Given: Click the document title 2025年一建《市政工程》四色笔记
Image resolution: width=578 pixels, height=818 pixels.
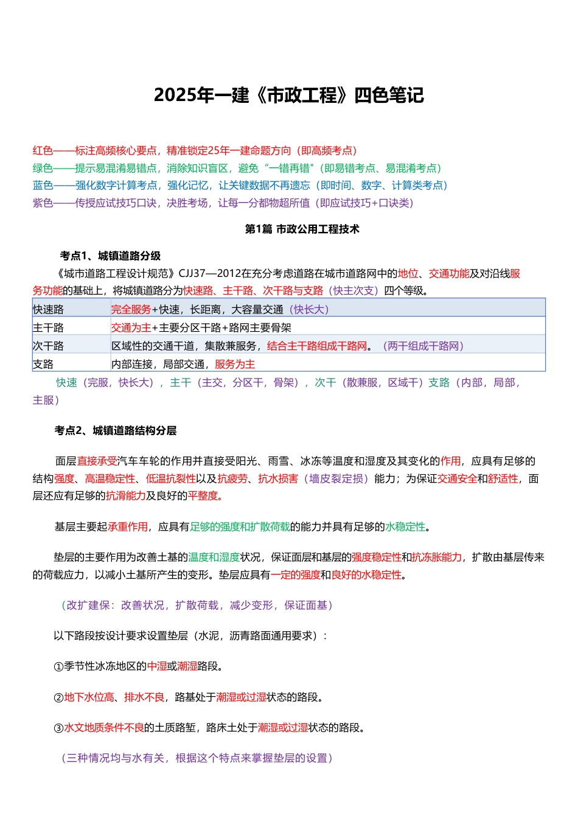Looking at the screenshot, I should [x=288, y=96].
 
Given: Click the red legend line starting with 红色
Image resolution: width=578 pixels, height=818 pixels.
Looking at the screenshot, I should [x=195, y=150].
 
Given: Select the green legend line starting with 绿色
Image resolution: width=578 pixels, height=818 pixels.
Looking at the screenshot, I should [x=237, y=168].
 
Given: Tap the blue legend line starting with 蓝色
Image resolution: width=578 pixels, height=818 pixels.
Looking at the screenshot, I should [x=240, y=185].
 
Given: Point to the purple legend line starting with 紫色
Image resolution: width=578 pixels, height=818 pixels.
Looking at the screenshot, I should [x=223, y=203].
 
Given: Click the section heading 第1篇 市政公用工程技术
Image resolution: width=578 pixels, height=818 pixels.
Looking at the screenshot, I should [x=302, y=229].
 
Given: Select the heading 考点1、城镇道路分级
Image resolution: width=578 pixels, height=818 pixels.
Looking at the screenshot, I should [x=110, y=256].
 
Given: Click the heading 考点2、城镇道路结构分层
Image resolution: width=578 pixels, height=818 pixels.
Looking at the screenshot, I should [x=115, y=430].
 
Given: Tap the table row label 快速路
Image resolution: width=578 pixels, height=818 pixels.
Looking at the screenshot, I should [x=48, y=309].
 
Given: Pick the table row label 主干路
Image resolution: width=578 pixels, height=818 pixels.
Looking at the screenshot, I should [x=48, y=327].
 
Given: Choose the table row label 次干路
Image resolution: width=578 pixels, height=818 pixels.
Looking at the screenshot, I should [x=48, y=346].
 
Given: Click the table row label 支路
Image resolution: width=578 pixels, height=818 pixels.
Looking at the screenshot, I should [x=43, y=364].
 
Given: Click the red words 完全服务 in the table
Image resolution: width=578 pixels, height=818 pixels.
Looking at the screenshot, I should [x=131, y=309].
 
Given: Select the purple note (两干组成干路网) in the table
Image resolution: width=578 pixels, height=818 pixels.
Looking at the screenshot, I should [x=423, y=346].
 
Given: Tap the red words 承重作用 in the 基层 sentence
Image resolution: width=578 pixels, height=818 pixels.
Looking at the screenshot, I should [x=128, y=526].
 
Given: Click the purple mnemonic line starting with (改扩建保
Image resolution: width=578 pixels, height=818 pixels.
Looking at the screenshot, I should [x=197, y=605].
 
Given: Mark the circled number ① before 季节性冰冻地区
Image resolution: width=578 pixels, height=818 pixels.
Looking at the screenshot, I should [x=58, y=666].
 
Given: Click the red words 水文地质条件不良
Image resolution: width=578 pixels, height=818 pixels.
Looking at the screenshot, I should [x=104, y=727].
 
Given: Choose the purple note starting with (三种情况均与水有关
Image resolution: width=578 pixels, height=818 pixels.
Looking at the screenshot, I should [x=197, y=758].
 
